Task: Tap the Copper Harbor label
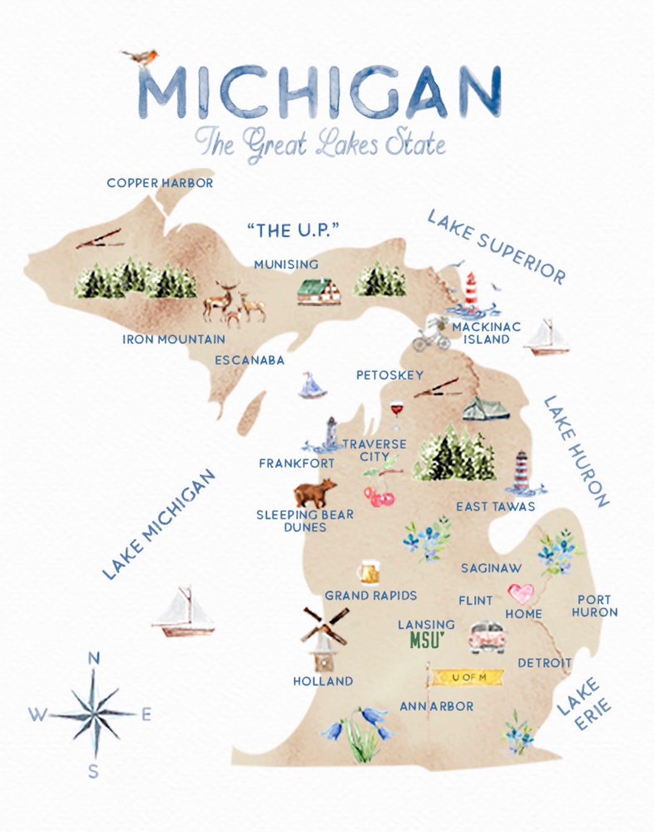pyautogui.click(x=160, y=183)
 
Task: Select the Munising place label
pyautogui.click(x=286, y=265)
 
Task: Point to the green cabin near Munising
pyautogui.click(x=319, y=292)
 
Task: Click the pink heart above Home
pyautogui.click(x=521, y=593)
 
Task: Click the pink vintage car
pyautogui.click(x=487, y=637)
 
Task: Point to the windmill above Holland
pyautogui.click(x=324, y=636)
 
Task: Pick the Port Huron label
pyautogui.click(x=594, y=606)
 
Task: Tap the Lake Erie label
pyautogui.click(x=584, y=705)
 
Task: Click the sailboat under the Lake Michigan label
pyautogui.click(x=184, y=612)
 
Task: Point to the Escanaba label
pyautogui.click(x=249, y=360)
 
